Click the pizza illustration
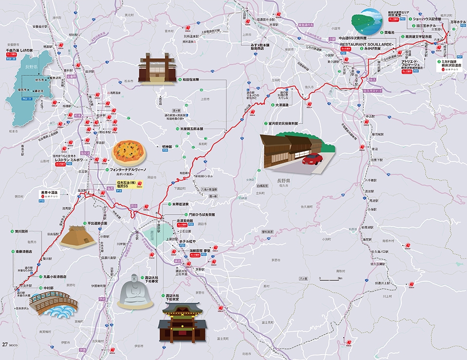coord(128,153)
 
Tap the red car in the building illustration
coord(312,159)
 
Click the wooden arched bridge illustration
coord(53,303)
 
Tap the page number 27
coord(5,344)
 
